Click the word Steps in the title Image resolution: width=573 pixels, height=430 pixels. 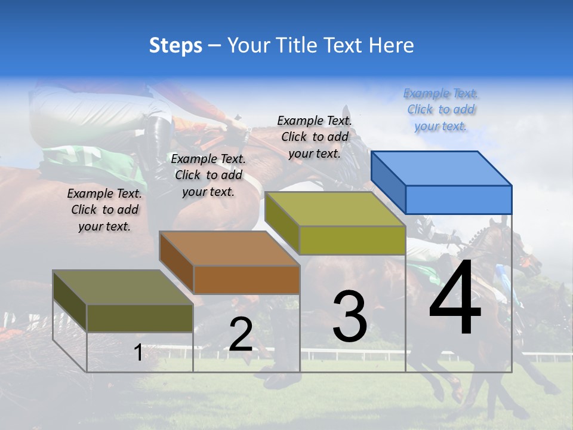175,45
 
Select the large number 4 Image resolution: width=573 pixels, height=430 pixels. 455,298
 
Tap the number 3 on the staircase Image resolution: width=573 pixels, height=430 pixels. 349,317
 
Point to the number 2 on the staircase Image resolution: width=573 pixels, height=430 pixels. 241,334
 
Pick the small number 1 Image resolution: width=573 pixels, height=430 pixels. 138,352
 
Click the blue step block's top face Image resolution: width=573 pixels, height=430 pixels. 442,168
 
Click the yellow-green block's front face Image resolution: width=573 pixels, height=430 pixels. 352,241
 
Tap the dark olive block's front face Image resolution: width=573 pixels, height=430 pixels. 140,318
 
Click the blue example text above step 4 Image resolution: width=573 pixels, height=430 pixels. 440,109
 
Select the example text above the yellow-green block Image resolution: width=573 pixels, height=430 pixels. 315,137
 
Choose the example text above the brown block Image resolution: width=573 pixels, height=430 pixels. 208,175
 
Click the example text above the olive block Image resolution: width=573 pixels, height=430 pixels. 104,210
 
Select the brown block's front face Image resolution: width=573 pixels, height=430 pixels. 247,279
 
